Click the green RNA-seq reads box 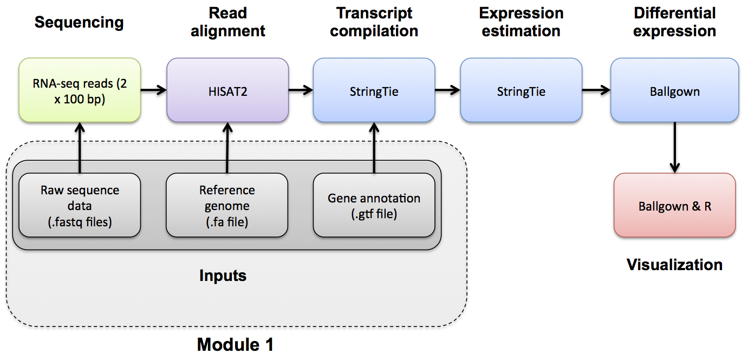(x=80, y=90)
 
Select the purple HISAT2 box (x=227, y=90)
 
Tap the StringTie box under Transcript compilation (x=374, y=90)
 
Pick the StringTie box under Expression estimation (x=521, y=90)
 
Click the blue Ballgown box (x=674, y=90)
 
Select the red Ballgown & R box (x=674, y=206)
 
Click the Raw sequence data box (x=80, y=206)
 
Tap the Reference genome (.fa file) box (x=227, y=206)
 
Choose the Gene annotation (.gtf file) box (x=374, y=206)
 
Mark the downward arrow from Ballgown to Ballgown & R (x=674, y=147)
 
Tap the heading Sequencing (x=79, y=23)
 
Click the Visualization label (x=674, y=265)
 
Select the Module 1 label (x=235, y=344)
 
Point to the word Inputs (x=223, y=276)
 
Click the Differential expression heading (x=674, y=22)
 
